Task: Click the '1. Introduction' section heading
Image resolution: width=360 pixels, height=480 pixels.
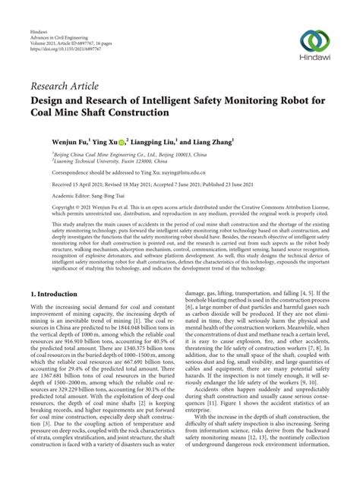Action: (62, 271)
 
